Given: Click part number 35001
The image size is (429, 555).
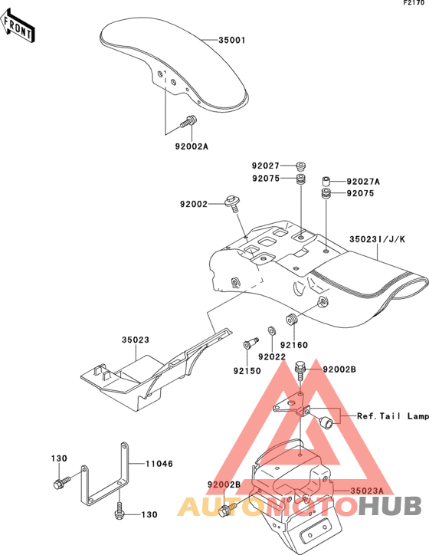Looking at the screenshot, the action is click(232, 41).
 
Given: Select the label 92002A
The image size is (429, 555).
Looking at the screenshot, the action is click(192, 146).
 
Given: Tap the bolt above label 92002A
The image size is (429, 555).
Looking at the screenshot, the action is click(188, 121).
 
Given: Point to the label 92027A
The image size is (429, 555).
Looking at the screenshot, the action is click(363, 182).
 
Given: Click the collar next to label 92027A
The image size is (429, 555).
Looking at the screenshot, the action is click(326, 181).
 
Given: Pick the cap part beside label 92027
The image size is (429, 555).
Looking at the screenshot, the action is click(301, 166).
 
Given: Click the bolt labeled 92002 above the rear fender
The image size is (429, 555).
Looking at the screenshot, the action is click(232, 203).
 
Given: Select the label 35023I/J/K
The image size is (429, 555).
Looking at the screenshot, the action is click(378, 239).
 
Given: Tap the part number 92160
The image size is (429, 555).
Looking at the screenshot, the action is click(294, 345).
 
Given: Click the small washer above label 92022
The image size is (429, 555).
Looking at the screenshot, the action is click(272, 330).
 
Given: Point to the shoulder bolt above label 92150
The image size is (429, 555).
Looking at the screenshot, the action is click(251, 343).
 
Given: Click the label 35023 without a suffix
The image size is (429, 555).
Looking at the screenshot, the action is click(136, 340).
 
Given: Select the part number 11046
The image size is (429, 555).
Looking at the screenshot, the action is click(159, 464).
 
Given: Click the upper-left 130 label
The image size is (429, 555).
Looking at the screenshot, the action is click(59, 458).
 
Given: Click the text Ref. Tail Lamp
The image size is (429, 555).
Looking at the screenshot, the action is click(393, 416).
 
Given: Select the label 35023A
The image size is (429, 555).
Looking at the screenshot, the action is click(367, 491).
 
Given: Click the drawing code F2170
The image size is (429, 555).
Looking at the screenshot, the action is click(414, 3).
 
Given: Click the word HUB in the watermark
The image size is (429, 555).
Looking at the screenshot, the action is click(390, 506).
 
